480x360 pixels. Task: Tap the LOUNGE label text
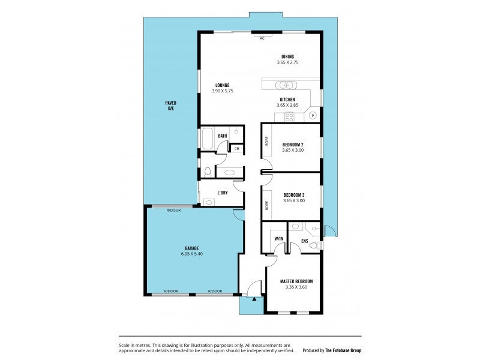pos(221,85)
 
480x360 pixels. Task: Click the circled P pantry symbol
pos(312,115)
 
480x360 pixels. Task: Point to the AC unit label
pos(262,38)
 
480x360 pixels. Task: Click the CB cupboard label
pos(236,148)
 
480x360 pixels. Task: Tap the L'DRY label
pos(222,193)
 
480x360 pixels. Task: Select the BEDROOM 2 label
pos(293,144)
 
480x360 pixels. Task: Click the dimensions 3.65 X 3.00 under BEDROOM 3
pos(293,200)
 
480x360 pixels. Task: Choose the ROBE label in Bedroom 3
pos(267,205)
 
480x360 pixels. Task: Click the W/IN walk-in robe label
pos(278,239)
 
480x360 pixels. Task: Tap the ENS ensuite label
pos(304,241)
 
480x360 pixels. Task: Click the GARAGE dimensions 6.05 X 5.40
pos(191,254)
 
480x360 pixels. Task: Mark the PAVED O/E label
pos(171,106)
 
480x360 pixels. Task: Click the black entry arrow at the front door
pos(254,298)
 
